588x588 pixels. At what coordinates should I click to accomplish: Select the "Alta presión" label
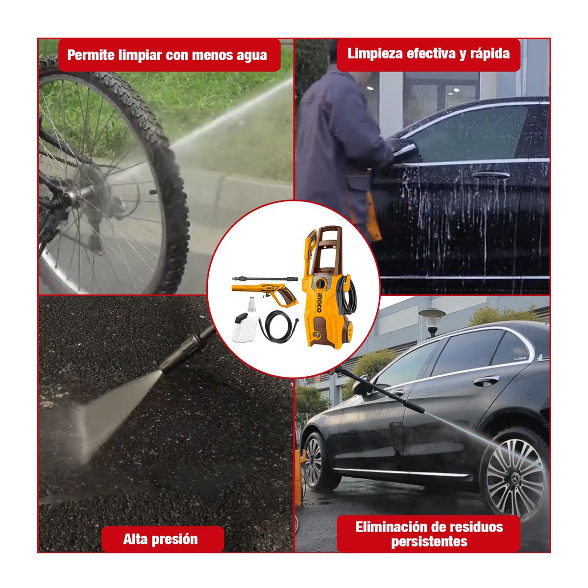160,539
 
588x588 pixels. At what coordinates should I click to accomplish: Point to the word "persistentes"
429,542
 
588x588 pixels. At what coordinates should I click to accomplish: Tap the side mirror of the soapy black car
405,147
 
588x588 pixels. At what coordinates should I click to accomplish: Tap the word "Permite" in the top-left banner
91,55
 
